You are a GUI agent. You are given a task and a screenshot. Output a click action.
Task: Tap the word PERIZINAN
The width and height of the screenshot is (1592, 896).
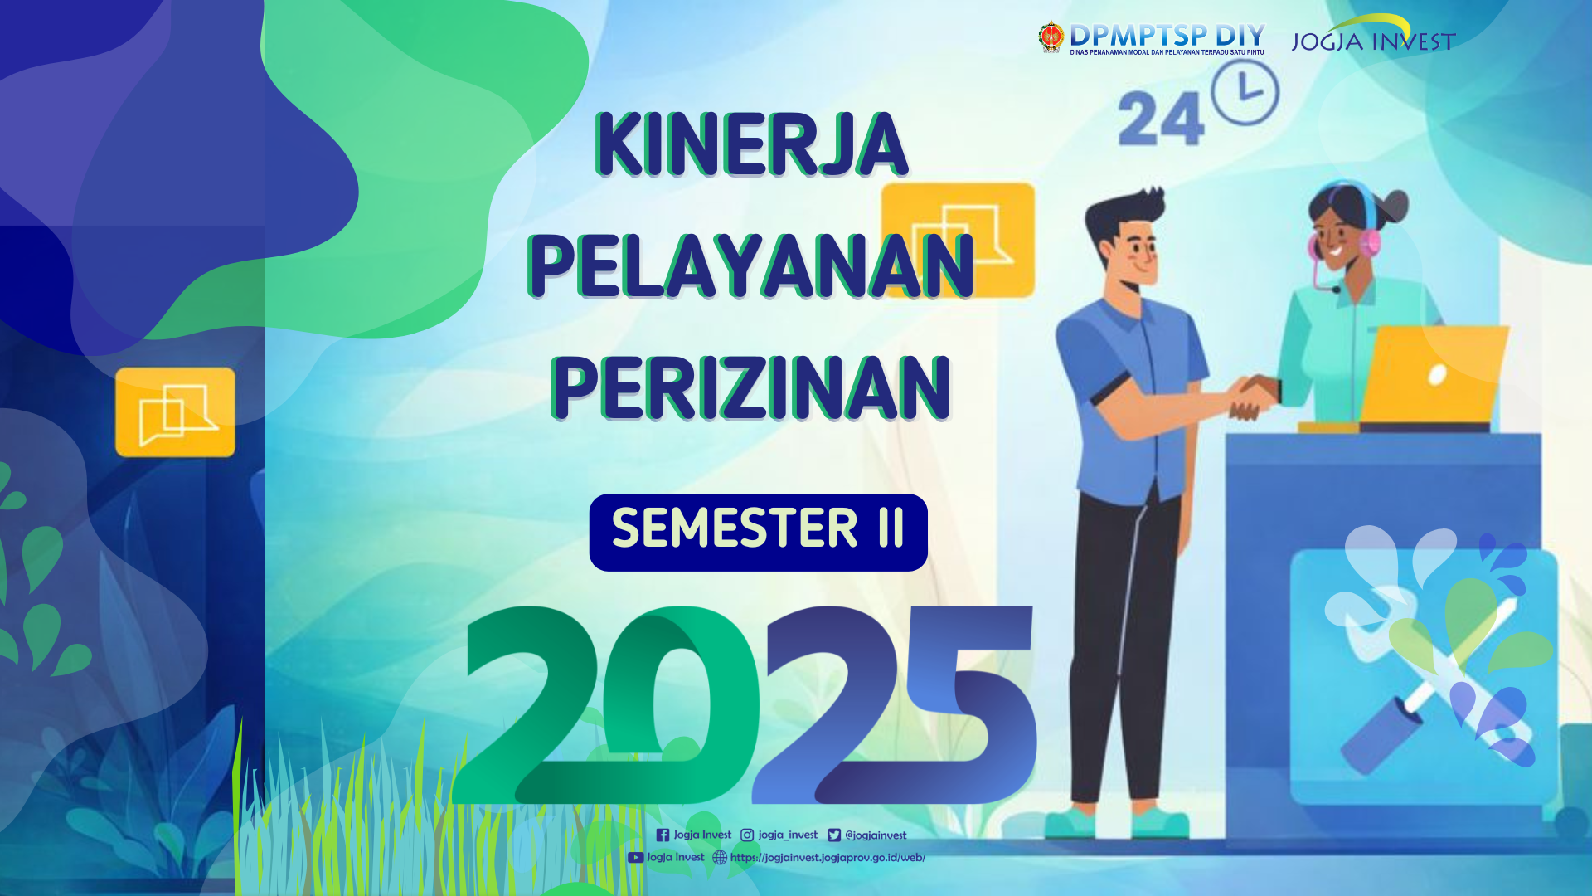pyautogui.click(x=751, y=387)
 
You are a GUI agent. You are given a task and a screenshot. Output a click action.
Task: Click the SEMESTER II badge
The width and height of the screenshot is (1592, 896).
pyautogui.click(x=758, y=532)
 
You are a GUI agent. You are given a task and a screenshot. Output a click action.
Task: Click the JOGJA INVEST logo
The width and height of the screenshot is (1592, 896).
pyautogui.click(x=1373, y=35)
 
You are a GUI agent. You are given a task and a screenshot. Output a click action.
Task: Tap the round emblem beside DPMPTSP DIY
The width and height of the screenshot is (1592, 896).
pyautogui.click(x=1051, y=37)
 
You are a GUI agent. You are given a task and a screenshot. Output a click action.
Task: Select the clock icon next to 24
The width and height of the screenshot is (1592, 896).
pyautogui.click(x=1245, y=92)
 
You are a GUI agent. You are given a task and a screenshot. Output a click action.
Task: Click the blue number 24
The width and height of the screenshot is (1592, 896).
pyautogui.click(x=1160, y=119)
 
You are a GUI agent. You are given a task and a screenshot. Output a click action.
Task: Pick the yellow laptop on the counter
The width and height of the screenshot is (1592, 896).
pyautogui.click(x=1433, y=375)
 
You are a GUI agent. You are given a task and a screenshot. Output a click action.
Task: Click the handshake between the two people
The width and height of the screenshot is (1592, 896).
pyautogui.click(x=1254, y=397)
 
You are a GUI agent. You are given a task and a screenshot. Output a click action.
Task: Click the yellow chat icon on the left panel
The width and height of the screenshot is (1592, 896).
pyautogui.click(x=175, y=412)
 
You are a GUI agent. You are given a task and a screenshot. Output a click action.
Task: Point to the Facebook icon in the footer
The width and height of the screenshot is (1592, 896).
pyautogui.click(x=663, y=835)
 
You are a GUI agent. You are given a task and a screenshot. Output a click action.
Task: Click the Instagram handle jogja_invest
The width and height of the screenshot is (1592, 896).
pyautogui.click(x=788, y=835)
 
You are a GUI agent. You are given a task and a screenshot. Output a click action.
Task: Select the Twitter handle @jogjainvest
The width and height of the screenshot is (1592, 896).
pyautogui.click(x=876, y=835)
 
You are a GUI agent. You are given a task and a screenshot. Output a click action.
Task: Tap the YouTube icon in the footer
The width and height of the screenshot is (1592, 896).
pyautogui.click(x=635, y=858)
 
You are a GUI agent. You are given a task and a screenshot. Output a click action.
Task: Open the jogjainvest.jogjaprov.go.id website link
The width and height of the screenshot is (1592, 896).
pyautogui.click(x=828, y=858)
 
